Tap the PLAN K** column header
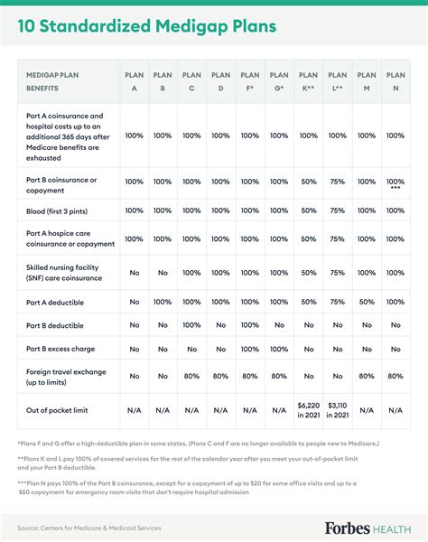click(x=308, y=80)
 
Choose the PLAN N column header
click(x=395, y=80)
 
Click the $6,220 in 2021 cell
click(x=308, y=410)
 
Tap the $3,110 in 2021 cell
click(x=337, y=410)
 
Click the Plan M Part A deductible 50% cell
click(x=367, y=301)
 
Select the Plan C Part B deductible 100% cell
click(x=191, y=324)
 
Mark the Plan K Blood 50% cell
click(x=308, y=210)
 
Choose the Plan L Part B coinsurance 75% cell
click(x=337, y=182)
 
